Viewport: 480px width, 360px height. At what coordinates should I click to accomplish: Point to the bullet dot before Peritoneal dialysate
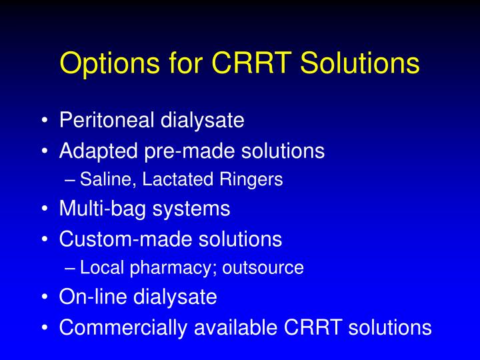coord(43,121)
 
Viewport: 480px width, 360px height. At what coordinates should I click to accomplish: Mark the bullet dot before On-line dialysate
coord(43,297)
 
